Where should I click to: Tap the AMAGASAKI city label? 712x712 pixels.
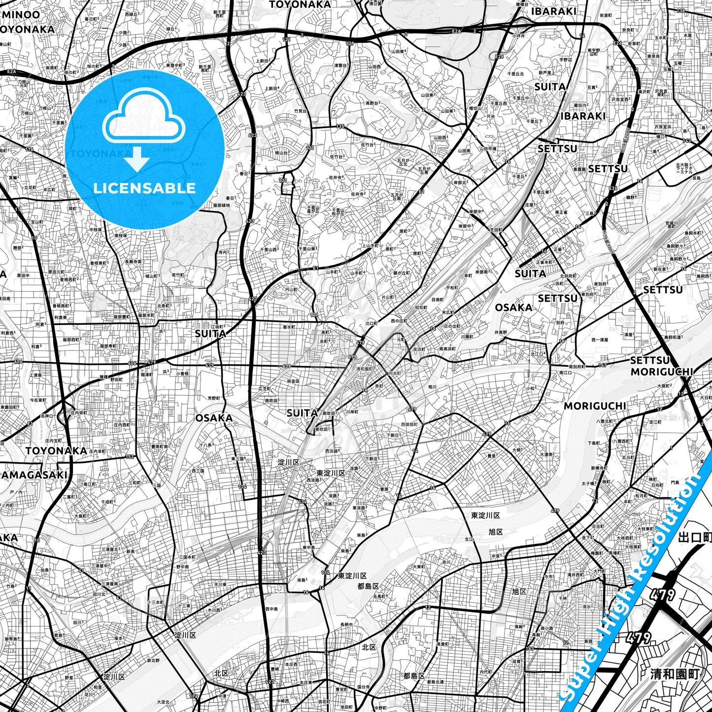coord(34,475)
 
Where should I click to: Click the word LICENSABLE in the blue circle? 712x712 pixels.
coord(144,188)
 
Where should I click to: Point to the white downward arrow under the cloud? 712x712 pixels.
coord(137,160)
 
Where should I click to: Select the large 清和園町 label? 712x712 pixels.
coord(674,674)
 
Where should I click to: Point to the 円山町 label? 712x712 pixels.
coord(292,290)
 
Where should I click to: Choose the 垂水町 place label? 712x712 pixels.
coord(289,327)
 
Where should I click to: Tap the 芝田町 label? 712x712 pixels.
coord(496,230)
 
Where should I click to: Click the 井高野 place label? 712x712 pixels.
coord(501,333)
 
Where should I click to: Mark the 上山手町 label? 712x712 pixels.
coord(371,245)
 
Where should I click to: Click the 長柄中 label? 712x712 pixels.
coord(346,625)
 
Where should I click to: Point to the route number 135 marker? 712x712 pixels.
coord(340,127)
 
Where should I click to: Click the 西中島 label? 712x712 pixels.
coord(271,609)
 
